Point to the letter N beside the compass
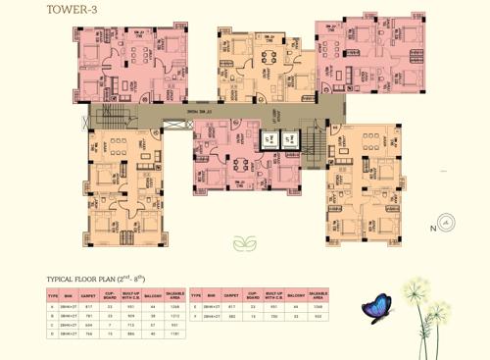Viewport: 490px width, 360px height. click(431, 229)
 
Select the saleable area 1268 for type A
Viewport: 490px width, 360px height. click(174, 308)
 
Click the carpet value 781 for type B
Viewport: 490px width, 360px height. click(89, 317)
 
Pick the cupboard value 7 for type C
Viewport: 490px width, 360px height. click(111, 326)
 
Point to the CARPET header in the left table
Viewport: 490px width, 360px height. click(88, 295)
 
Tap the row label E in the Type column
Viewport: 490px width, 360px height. click(196, 308)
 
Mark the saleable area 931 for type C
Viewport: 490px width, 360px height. click(174, 326)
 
